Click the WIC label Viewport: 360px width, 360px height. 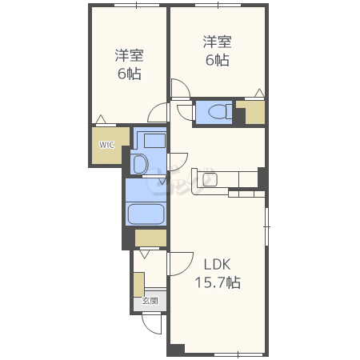(x=106, y=145)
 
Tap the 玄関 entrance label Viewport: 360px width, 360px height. (x=150, y=301)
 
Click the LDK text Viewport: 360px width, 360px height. (x=217, y=264)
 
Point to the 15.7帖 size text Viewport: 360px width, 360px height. (x=218, y=282)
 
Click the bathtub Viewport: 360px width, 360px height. (x=146, y=214)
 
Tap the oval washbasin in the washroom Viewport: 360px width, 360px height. (x=140, y=164)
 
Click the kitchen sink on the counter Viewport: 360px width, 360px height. (x=210, y=179)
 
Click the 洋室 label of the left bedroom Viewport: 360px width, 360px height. (x=130, y=55)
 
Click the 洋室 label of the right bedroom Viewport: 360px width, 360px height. (x=217, y=42)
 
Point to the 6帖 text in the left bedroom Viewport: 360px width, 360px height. (x=130, y=74)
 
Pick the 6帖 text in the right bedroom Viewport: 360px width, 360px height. (x=217, y=60)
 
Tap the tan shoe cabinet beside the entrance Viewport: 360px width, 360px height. (x=139, y=284)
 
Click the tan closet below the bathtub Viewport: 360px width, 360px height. (x=150, y=238)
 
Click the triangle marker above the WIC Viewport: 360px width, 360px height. (x=101, y=119)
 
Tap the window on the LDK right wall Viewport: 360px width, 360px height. (x=266, y=226)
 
